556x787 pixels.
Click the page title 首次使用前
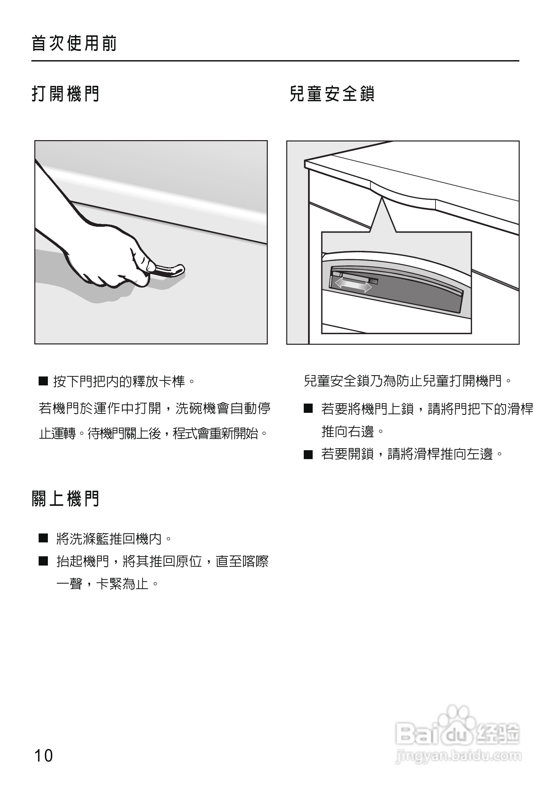(x=74, y=44)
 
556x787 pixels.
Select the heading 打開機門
(x=65, y=94)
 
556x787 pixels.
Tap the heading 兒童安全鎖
(x=332, y=94)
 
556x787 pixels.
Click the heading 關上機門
(x=65, y=499)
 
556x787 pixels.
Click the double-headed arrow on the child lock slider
(x=353, y=285)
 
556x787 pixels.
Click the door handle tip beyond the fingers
(x=178, y=270)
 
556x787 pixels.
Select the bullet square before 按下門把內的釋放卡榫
(x=43, y=381)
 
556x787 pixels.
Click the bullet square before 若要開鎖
(x=308, y=455)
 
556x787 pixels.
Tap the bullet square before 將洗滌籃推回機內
(x=43, y=538)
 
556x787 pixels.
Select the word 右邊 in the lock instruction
(x=361, y=432)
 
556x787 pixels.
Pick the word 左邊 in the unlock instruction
(x=480, y=454)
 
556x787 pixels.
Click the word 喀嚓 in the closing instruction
(x=256, y=561)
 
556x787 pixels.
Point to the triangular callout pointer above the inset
(x=383, y=216)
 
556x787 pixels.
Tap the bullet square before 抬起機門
(x=43, y=561)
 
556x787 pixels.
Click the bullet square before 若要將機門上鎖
(x=308, y=409)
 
